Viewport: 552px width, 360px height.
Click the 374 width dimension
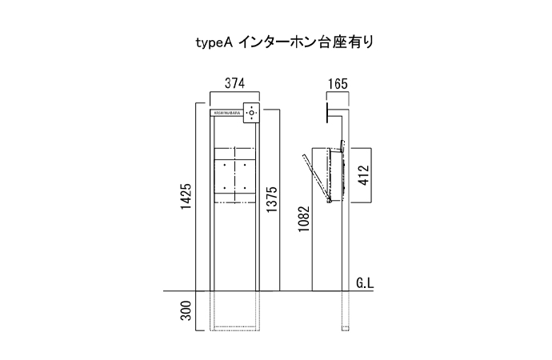tap(234, 82)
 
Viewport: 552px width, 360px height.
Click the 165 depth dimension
tap(337, 82)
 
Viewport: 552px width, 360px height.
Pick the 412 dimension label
tap(363, 176)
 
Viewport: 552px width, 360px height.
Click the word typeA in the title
tap(213, 42)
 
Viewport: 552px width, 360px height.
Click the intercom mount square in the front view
tap(253, 114)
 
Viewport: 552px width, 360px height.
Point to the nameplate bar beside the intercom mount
tap(227, 114)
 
